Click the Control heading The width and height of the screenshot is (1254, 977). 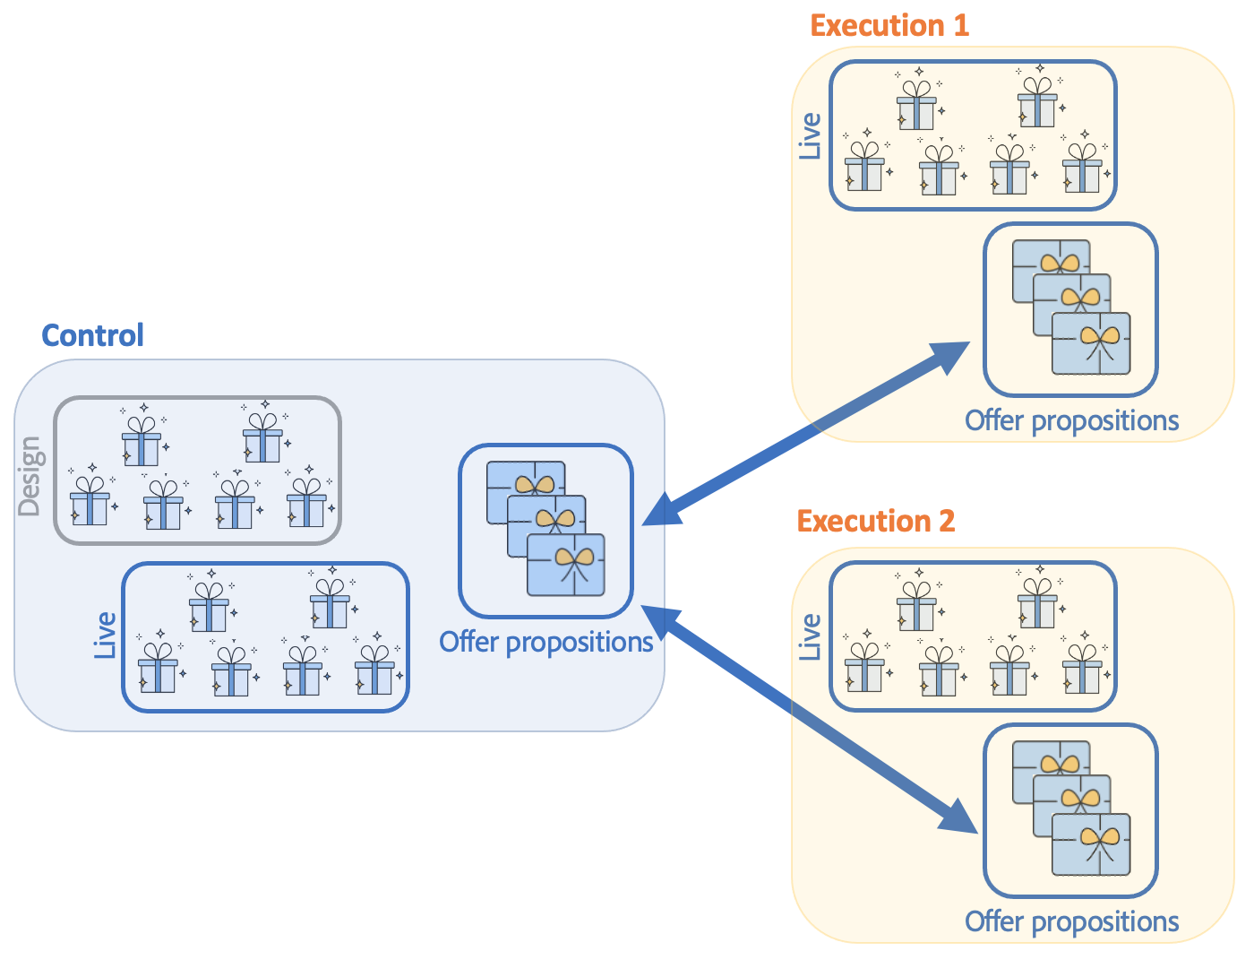point(92,335)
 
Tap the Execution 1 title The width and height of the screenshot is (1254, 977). point(889,25)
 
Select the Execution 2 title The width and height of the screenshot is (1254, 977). point(875,521)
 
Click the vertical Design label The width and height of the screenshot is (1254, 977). point(30,476)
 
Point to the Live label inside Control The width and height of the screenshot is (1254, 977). point(106,635)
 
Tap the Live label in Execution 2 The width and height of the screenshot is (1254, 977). point(810,637)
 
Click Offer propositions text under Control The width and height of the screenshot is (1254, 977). point(545,642)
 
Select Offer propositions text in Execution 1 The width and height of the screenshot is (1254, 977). point(1071,420)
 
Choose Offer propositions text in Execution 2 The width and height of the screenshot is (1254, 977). point(1071,921)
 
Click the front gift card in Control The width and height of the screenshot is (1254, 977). point(566,565)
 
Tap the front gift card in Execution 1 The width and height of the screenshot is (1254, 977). point(1091,344)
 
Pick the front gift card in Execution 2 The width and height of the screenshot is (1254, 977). point(1091,844)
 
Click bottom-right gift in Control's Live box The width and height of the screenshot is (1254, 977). point(374,670)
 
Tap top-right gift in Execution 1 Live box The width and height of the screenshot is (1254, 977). point(1037,100)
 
